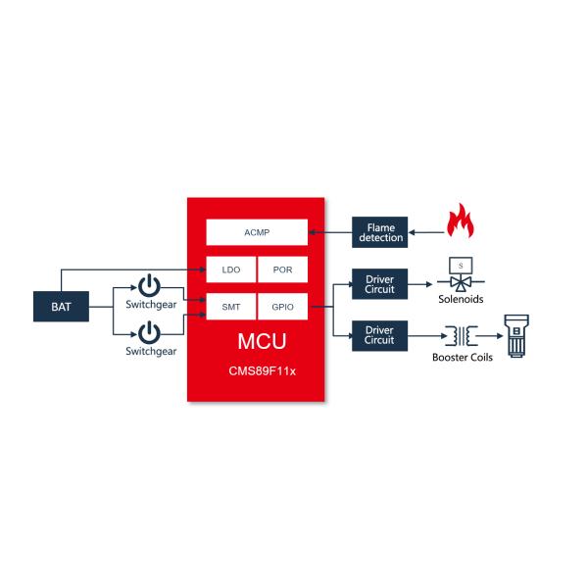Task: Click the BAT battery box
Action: click(61, 307)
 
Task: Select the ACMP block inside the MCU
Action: click(256, 232)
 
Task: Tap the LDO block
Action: click(230, 269)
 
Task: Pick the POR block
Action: click(282, 269)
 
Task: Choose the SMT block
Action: click(230, 307)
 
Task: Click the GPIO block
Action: click(282, 307)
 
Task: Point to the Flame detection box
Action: click(380, 232)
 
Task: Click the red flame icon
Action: click(459, 222)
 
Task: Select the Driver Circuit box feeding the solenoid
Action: click(379, 284)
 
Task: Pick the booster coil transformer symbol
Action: click(461, 336)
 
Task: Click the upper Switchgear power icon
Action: click(149, 286)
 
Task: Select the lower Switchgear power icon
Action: click(149, 331)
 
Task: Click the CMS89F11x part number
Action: click(256, 373)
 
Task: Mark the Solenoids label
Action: click(461, 299)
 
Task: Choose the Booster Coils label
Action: click(462, 356)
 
